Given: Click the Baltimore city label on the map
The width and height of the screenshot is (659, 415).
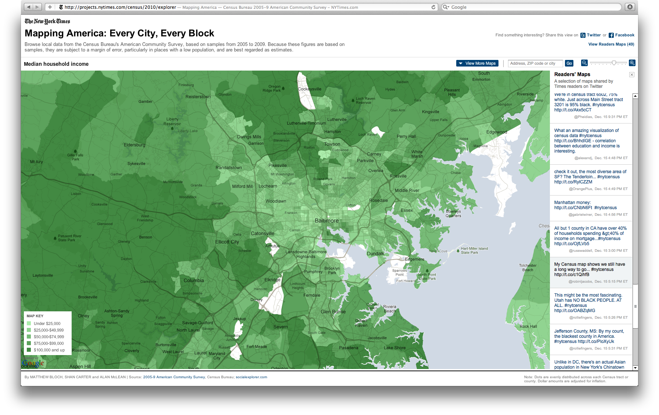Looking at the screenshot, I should pos(327,221).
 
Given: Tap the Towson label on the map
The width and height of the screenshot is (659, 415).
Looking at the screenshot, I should pos(332,144).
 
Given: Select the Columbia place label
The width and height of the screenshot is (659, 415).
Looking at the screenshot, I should pos(194,280).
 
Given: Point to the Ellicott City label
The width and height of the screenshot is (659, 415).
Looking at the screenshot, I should pos(227,242).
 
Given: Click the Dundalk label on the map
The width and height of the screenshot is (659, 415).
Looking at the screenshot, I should pos(375,254).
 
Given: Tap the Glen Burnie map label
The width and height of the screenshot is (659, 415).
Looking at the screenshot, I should pos(333,312).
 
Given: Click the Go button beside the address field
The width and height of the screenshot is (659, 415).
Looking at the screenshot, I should pos(569,63).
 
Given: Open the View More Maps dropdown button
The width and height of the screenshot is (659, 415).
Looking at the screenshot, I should pos(477,63).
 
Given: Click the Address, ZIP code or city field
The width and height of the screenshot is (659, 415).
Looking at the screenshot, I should pos(535,63).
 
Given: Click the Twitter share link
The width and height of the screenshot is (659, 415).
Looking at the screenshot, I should pos(593,35).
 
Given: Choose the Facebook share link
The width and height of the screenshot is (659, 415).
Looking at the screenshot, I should pos(624,35).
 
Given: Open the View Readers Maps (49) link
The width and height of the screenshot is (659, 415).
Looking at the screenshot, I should pos(611,44).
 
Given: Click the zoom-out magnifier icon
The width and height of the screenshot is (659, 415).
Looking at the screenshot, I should pos(584,63).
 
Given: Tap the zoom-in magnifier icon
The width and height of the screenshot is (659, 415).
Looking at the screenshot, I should pos(632,63).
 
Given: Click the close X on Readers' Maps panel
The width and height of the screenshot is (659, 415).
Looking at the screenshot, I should pos(631,75).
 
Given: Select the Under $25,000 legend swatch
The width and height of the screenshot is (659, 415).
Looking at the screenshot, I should pos(29,323).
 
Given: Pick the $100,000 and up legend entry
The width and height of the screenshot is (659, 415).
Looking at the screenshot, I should pos(49,350).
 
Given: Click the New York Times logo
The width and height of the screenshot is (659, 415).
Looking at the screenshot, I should pos(47,21).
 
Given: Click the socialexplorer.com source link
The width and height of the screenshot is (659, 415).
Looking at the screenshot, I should pos(251,377).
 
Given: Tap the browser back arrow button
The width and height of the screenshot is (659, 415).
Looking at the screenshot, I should pos(29,7).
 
